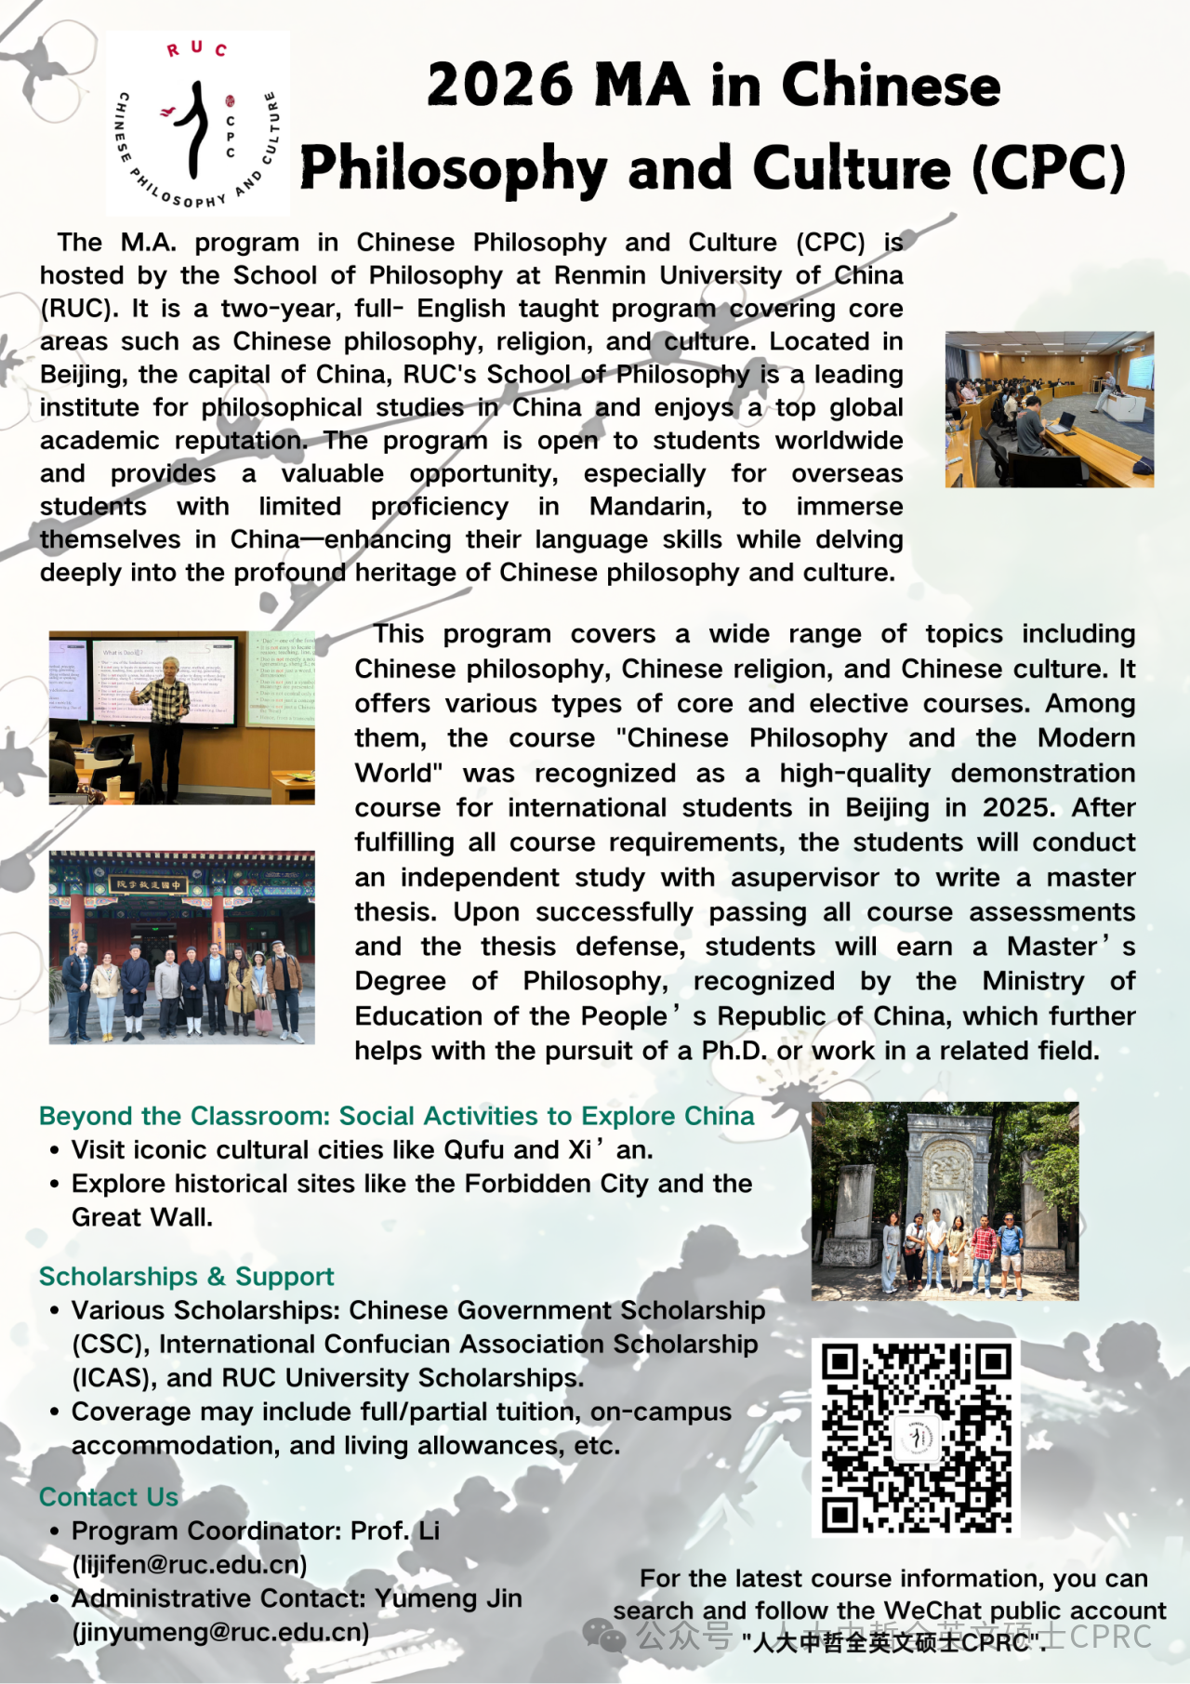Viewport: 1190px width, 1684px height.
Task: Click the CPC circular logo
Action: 197,125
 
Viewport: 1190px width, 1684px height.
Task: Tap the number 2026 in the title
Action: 500,86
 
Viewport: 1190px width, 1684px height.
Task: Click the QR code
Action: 917,1438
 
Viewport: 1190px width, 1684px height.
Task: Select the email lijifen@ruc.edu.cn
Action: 190,1564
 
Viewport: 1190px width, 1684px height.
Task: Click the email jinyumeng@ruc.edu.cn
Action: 220,1632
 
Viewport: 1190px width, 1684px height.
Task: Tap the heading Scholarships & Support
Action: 186,1276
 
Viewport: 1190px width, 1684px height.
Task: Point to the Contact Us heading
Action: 109,1496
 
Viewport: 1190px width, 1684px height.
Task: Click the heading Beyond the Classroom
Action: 396,1115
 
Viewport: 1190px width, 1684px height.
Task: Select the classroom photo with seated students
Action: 1049,409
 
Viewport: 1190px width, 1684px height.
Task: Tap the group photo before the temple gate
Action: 181,947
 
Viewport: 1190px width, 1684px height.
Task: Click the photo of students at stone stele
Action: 945,1200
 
